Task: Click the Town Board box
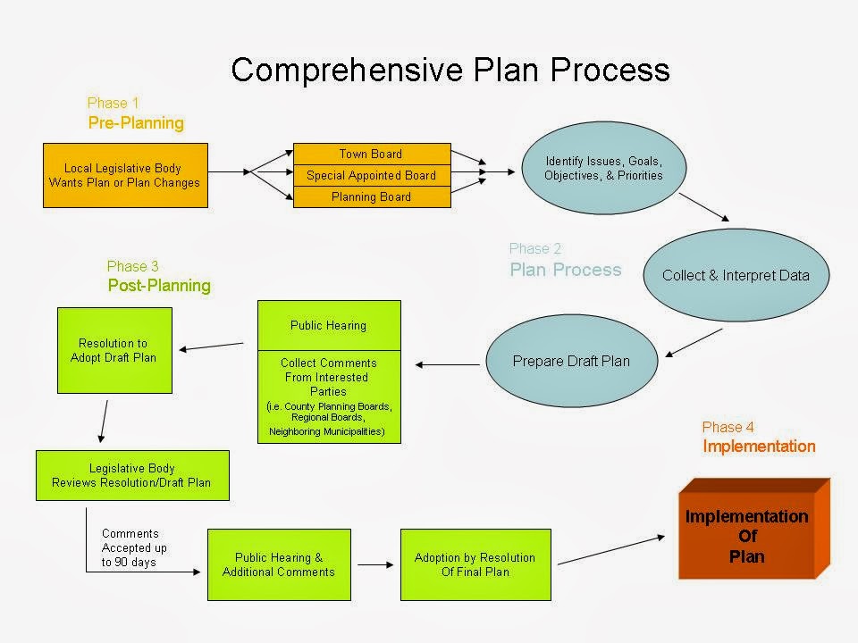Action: coord(372,154)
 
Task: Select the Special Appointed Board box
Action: coord(372,176)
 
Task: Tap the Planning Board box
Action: coord(372,196)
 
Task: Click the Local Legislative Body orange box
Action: coord(125,176)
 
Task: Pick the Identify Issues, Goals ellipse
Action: coord(603,168)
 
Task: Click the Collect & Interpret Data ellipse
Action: coord(736,275)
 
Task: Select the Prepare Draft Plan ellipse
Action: coord(572,361)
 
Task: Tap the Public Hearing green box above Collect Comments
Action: coord(329,325)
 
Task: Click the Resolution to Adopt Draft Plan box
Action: coord(115,350)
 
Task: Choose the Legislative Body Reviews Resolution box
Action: coord(132,476)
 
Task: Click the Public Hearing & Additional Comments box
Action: coord(279,564)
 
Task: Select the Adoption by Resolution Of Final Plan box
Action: coord(475,564)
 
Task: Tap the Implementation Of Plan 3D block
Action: coord(753,530)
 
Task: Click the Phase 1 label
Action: coord(114,104)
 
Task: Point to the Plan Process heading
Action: coord(566,270)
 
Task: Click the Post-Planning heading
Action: coord(159,286)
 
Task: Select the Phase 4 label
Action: coord(728,427)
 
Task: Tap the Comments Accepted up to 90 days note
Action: coord(134,547)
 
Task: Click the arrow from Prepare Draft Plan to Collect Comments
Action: coord(448,364)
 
